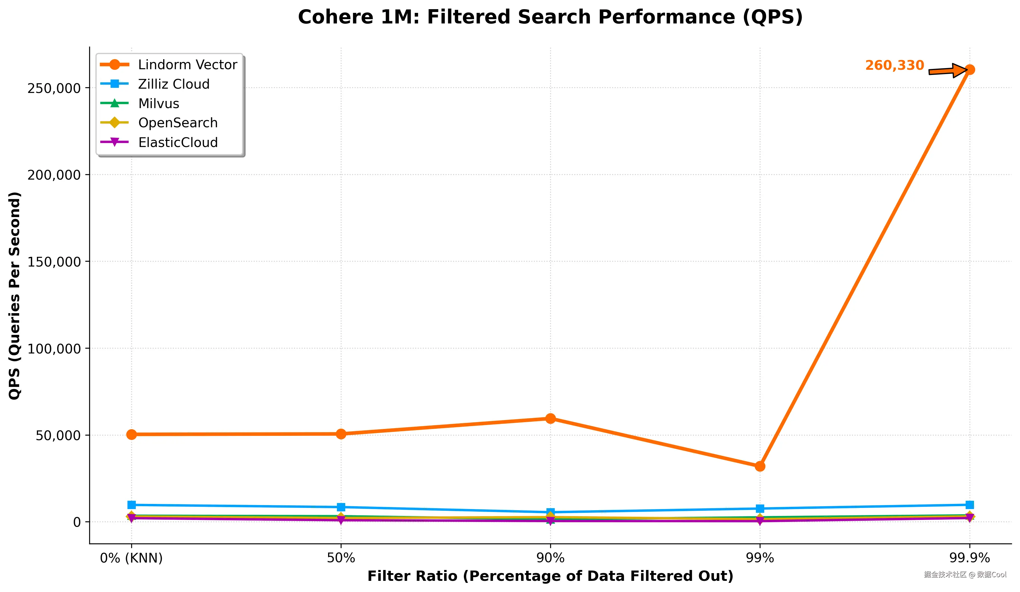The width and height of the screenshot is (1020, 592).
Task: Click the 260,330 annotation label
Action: click(895, 65)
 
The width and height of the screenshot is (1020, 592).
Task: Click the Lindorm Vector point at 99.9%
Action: click(969, 70)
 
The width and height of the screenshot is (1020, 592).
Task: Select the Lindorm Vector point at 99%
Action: click(760, 466)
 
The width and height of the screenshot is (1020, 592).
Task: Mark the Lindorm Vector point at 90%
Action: click(550, 419)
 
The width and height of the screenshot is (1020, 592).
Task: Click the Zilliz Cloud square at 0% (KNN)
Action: click(131, 505)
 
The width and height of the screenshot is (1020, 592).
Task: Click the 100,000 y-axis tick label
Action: click(54, 349)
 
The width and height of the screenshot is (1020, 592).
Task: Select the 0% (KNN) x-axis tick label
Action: click(131, 558)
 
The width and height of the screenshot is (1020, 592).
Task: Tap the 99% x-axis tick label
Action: click(760, 558)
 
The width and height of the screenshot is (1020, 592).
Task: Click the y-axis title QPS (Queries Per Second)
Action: click(15, 296)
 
